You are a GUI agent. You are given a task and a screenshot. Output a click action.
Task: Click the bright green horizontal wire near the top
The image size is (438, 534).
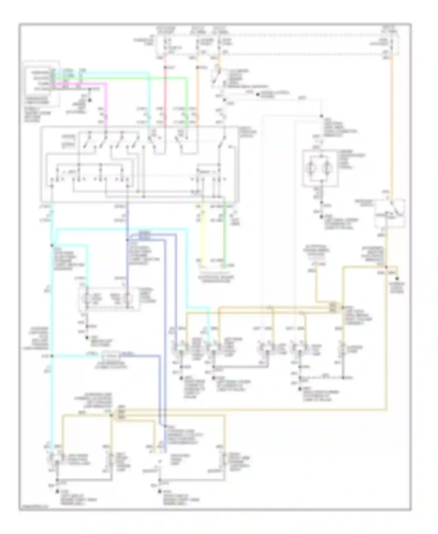131,78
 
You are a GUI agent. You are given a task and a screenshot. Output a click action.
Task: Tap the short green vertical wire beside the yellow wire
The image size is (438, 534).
224,234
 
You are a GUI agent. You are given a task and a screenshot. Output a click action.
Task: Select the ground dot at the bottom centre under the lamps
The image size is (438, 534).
159,492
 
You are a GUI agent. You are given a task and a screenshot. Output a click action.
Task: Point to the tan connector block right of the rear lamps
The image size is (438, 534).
333,307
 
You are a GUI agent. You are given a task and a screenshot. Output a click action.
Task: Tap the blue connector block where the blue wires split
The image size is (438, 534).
145,235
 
